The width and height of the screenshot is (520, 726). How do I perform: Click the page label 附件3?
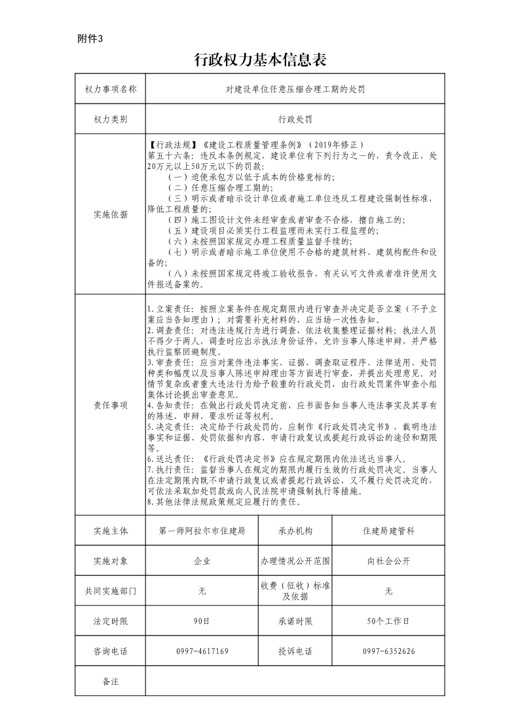tap(90, 39)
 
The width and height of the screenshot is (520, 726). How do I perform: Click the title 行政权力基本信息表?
tap(260, 60)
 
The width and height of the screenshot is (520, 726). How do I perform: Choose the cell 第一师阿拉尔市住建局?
tap(202, 531)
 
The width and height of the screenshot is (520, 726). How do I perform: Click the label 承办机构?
tap(295, 531)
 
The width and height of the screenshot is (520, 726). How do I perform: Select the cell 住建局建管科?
tap(388, 531)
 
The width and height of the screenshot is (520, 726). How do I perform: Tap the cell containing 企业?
tap(202, 561)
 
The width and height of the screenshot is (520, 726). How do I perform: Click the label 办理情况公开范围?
tap(295, 561)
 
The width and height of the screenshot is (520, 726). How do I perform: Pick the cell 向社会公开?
tap(388, 561)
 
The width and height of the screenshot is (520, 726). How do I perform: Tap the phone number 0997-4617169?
tap(202, 651)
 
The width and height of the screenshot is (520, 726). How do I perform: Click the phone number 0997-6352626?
tap(388, 651)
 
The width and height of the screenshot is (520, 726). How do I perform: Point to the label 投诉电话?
tap(295, 651)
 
